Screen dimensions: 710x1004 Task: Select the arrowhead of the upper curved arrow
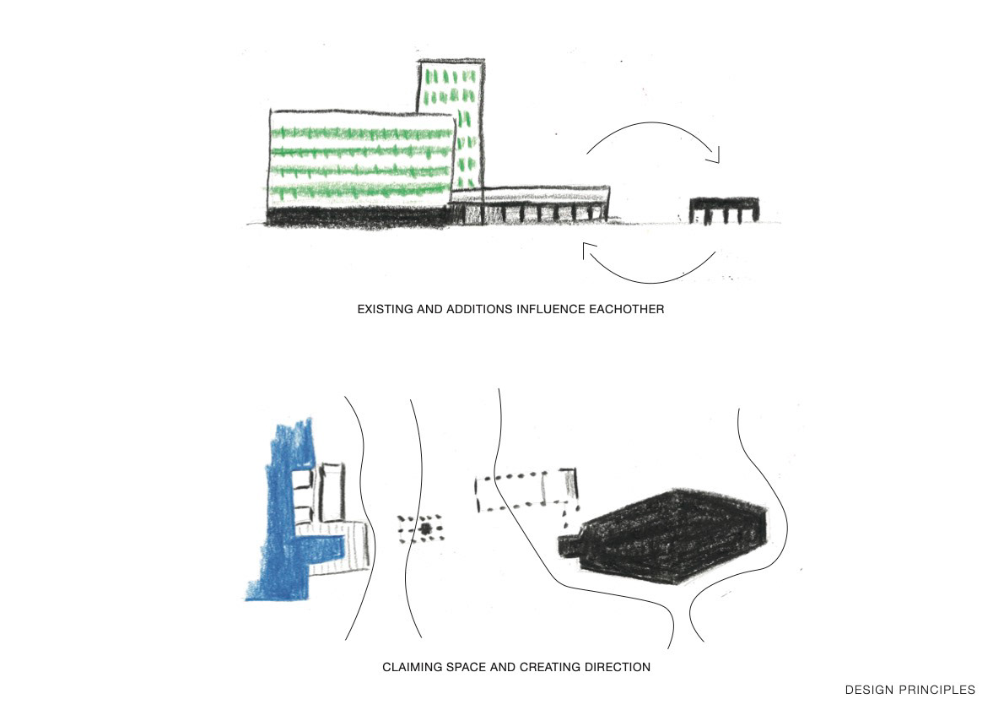(715, 155)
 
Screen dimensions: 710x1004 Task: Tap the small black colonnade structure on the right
(724, 209)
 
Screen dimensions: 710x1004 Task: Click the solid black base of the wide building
(359, 216)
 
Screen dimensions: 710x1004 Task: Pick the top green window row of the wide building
(361, 133)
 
